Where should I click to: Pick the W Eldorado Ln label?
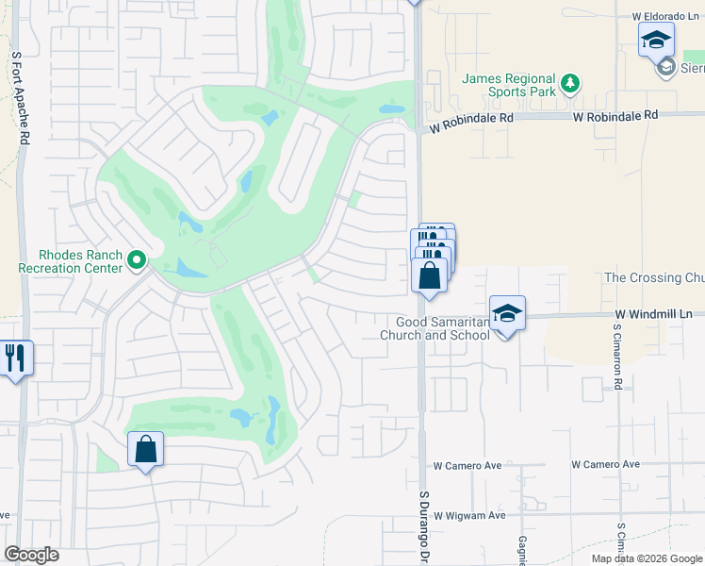[x=664, y=17]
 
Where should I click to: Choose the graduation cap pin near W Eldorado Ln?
[x=656, y=41]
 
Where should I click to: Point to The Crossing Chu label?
[x=653, y=277]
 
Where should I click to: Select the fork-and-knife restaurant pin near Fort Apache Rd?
[x=15, y=358]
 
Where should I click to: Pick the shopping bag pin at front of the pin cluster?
[x=430, y=275]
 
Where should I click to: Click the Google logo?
[x=32, y=555]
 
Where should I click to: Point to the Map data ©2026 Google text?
[x=646, y=558]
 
